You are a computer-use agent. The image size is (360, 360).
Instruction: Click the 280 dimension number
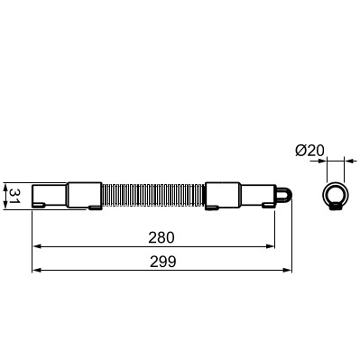coord(162,237)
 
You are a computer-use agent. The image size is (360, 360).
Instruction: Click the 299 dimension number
coord(163,262)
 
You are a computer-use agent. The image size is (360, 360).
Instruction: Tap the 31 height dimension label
coord(14,196)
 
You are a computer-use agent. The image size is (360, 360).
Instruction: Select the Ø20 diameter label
coord(309,151)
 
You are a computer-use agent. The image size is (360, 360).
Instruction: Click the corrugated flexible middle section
coord(153,195)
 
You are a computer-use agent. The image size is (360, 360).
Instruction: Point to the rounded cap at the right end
coord(282,194)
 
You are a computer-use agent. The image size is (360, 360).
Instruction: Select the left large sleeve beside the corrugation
coord(85,195)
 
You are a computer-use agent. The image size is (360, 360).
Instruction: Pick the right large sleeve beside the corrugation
coord(222,195)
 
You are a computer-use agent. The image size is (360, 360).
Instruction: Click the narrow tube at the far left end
coord(50,196)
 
